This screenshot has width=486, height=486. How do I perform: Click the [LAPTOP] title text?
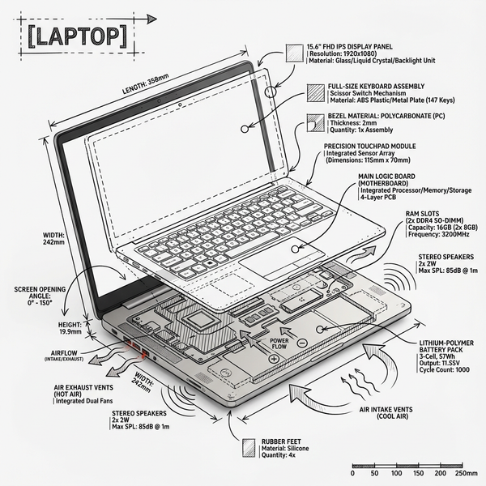point(78,37)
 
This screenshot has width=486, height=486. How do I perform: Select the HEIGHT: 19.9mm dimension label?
point(70,328)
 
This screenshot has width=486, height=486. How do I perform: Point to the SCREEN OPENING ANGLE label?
point(40,296)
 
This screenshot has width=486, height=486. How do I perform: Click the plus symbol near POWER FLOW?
point(274,359)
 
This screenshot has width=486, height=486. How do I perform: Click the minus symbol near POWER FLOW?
point(302,343)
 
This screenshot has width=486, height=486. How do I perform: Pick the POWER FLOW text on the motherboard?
point(279,343)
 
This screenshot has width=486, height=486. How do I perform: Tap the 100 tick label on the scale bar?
point(396,473)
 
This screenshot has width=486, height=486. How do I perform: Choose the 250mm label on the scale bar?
point(467,473)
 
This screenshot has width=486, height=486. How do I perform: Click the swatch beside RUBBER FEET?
point(249,448)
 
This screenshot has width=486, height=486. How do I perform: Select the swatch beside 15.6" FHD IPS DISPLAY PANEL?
point(295,53)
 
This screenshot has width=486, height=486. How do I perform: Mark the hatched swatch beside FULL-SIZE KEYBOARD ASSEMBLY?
point(316,92)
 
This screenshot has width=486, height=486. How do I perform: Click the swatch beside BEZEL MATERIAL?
point(316,123)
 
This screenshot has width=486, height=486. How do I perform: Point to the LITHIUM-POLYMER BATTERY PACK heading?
point(446,346)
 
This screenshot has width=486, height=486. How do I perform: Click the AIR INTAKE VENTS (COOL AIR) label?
point(386,413)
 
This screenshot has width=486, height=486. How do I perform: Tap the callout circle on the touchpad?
point(295,249)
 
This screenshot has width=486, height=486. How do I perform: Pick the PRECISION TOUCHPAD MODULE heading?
point(370,146)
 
